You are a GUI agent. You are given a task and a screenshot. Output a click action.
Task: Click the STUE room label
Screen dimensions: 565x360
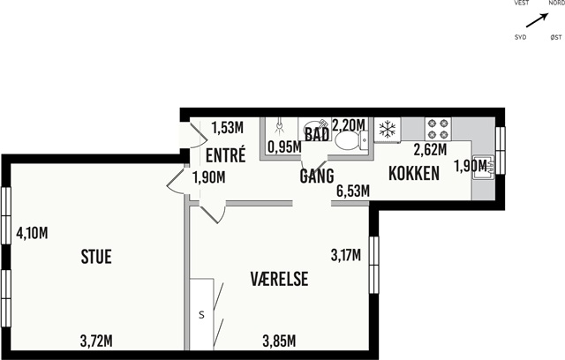coord(96,257)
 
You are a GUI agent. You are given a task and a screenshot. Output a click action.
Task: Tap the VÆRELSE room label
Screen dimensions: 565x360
coord(279,279)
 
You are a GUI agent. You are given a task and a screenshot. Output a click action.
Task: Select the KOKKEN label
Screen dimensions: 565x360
coord(414,173)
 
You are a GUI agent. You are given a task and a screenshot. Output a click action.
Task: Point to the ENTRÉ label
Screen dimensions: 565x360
coord(226,154)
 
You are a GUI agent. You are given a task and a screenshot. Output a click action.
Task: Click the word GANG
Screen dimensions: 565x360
coord(317,176)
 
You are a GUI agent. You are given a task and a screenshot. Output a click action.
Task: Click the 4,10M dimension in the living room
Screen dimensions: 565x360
coord(32,233)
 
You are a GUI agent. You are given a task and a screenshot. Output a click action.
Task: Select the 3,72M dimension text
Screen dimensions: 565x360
coord(96,341)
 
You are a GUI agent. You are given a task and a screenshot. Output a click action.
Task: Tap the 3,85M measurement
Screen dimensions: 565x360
coord(279,341)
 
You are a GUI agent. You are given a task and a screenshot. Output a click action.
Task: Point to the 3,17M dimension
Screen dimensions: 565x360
coord(346,255)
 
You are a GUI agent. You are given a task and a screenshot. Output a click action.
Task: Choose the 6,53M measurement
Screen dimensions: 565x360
coord(353,191)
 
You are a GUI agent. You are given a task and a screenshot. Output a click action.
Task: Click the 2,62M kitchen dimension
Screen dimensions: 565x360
coord(430,150)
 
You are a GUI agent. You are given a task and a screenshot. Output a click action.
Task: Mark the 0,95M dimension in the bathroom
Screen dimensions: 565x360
coord(284,146)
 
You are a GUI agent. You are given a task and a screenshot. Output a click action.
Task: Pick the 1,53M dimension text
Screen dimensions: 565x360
coord(228,127)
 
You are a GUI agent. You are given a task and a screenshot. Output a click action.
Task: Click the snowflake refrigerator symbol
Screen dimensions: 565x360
coord(388,129)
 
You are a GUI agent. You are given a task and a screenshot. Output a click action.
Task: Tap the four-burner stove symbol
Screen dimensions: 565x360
coord(438,129)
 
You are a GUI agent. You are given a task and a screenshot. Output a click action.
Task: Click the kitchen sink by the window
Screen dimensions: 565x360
coord(483,167)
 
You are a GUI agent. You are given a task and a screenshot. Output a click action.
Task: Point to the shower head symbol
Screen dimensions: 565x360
coord(279,127)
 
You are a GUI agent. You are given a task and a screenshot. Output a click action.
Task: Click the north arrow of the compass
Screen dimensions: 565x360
coord(538,20)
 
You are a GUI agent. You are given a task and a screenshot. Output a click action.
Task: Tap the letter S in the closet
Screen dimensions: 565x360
coord(202,315)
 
